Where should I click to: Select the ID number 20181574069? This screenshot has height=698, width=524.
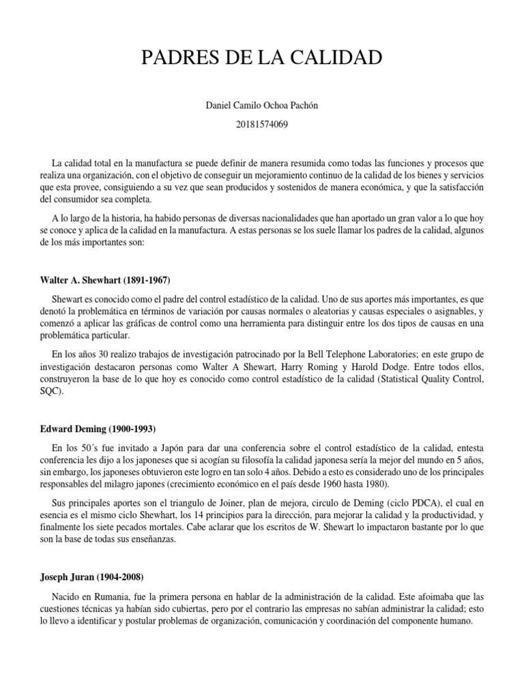click(262, 125)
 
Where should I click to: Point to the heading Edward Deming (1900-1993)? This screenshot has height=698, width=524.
click(98, 429)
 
